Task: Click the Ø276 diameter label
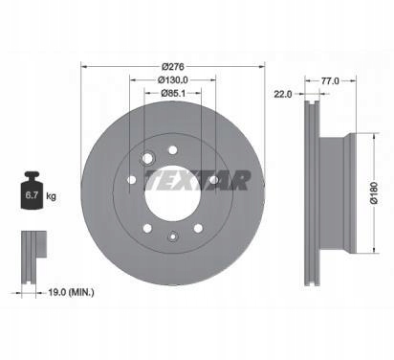click(x=173, y=67)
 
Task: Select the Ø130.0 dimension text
click(x=173, y=79)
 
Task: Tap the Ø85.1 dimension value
click(x=173, y=93)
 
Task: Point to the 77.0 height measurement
click(x=330, y=81)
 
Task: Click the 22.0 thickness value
click(x=283, y=94)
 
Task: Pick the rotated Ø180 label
click(x=374, y=192)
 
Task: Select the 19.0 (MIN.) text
click(x=71, y=292)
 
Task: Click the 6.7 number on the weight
click(x=32, y=195)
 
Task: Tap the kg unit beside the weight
click(x=51, y=195)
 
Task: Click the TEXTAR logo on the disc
click(x=197, y=181)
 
